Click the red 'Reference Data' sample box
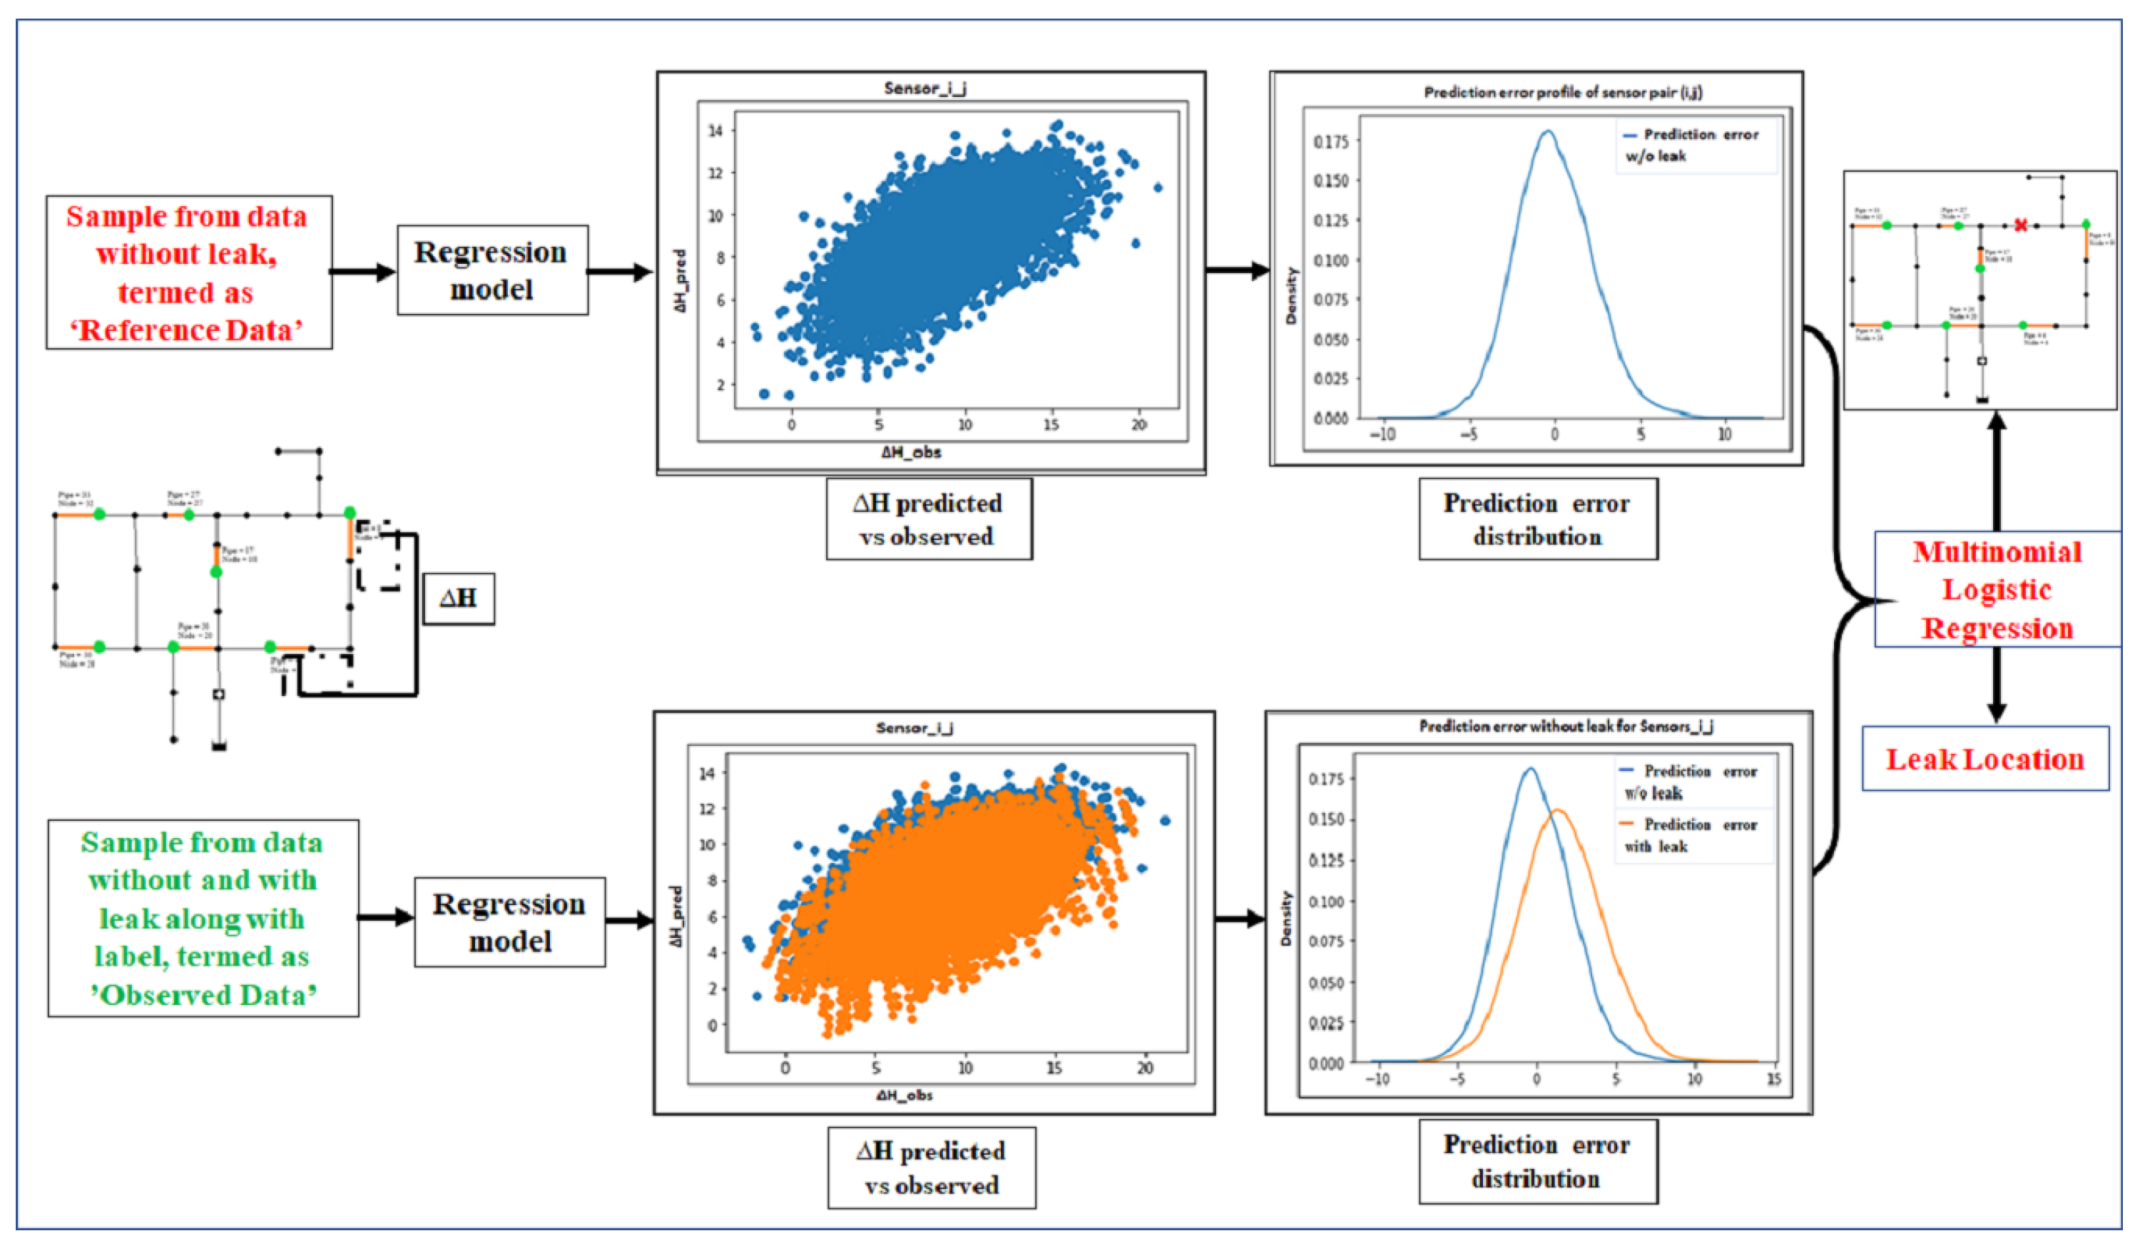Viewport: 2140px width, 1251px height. (188, 272)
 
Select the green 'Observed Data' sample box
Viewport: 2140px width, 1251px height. (203, 918)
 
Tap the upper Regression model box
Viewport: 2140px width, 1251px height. (491, 270)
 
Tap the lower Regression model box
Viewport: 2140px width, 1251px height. (509, 921)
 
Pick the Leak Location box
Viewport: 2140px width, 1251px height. (1984, 758)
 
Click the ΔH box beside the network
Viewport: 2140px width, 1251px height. (459, 598)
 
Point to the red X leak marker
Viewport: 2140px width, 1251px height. (2021, 225)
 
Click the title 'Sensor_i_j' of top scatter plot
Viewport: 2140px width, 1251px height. (924, 88)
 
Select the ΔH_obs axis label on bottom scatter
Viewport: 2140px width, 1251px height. (905, 1096)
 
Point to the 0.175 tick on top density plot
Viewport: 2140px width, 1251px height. (1330, 142)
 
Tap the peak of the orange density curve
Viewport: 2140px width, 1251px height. (1559, 810)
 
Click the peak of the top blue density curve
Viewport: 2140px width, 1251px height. (1548, 132)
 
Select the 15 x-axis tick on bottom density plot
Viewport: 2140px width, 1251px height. (1773, 1078)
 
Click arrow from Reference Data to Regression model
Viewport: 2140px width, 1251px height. (362, 272)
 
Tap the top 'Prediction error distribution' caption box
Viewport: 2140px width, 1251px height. (1537, 519)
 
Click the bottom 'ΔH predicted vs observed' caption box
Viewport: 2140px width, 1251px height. (932, 1168)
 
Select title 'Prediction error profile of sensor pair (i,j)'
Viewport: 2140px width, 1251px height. (1562, 93)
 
